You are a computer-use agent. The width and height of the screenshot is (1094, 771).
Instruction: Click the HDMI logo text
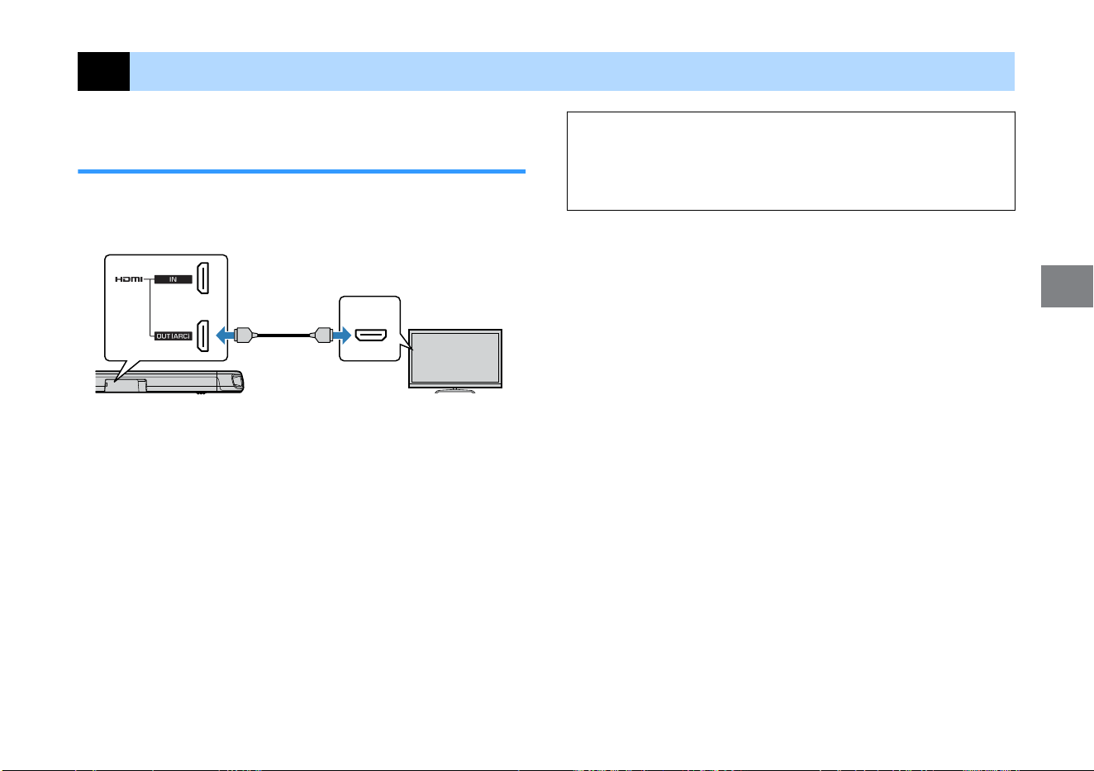pos(129,279)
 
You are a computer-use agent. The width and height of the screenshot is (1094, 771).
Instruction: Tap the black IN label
pos(173,279)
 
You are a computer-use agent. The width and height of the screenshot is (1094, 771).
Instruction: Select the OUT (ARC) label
pos(173,336)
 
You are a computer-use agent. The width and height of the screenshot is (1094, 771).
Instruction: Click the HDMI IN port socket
pos(202,278)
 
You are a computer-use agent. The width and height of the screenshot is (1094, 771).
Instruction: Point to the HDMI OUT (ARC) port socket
pos(202,336)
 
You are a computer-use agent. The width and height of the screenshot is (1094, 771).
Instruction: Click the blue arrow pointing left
pos(225,336)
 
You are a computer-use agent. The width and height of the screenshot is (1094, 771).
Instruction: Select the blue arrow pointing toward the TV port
pos(342,336)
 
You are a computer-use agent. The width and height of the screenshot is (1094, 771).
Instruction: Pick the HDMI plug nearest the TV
pos(321,336)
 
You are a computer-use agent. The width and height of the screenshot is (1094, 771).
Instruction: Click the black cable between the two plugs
pos(283,336)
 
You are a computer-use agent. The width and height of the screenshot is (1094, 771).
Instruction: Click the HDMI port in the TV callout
pos(371,336)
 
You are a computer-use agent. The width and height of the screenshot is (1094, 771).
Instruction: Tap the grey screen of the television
pos(455,358)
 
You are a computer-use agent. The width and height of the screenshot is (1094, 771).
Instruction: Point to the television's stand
pos(454,390)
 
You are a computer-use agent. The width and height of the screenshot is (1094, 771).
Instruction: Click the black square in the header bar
pos(103,71)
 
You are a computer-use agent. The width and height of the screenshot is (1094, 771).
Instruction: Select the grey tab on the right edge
pos(1067,286)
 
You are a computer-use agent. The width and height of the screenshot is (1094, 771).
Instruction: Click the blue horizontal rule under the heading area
pos(302,172)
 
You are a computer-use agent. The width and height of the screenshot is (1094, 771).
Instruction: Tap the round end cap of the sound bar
pos(237,381)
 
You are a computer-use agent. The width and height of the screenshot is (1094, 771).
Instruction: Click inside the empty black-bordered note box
pos(791,161)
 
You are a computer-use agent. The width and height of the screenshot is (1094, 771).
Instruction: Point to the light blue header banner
pos(572,71)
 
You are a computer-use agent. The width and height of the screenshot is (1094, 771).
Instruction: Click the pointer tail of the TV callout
pos(406,341)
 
